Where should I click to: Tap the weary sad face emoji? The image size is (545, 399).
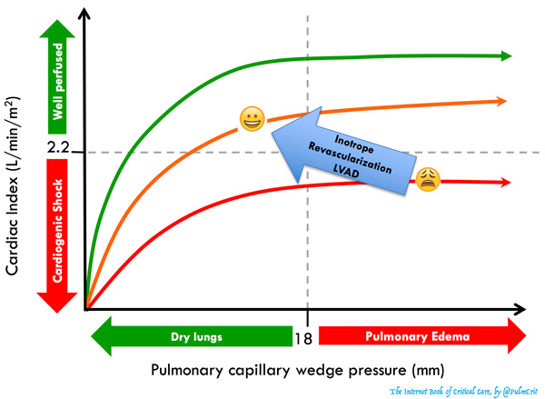tap(428, 179)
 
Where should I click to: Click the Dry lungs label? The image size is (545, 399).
tap(198, 336)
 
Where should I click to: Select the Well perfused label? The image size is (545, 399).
tap(56, 75)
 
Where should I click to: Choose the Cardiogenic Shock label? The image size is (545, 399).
tap(56, 232)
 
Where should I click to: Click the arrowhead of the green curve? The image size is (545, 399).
tap(506, 55)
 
